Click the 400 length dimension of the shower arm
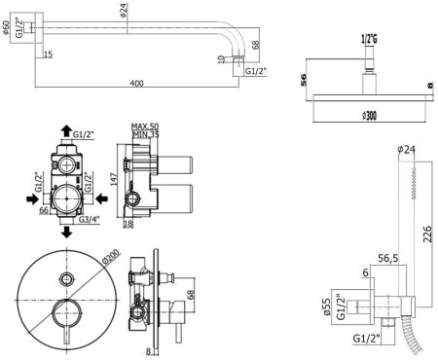coord(136,84)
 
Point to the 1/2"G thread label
coord(369,39)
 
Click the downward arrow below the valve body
coord(65,234)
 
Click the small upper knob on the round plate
coord(66,278)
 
